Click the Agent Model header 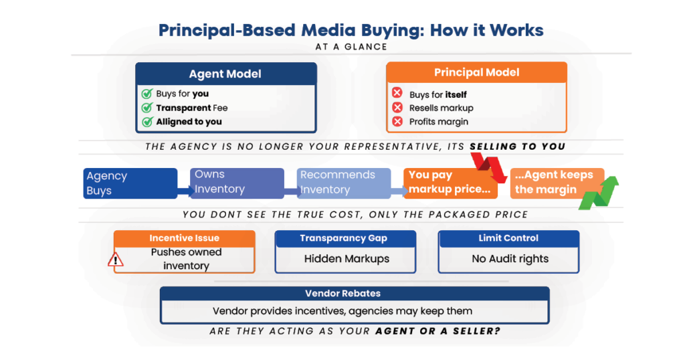[x=226, y=74]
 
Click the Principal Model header [x=476, y=72]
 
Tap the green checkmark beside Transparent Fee [x=147, y=108]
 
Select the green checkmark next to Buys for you [x=147, y=94]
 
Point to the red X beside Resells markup [x=397, y=108]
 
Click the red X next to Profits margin [x=397, y=122]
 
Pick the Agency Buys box [x=130, y=183]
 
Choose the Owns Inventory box [x=237, y=183]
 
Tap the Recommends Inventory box [x=344, y=183]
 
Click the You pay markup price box [x=450, y=183]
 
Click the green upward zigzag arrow [x=599, y=193]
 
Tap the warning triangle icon [x=115, y=260]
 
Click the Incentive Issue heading [x=185, y=238]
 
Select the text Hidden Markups [x=347, y=259]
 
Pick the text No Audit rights [x=510, y=259]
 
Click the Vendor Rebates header [x=342, y=294]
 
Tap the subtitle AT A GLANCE [x=351, y=47]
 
